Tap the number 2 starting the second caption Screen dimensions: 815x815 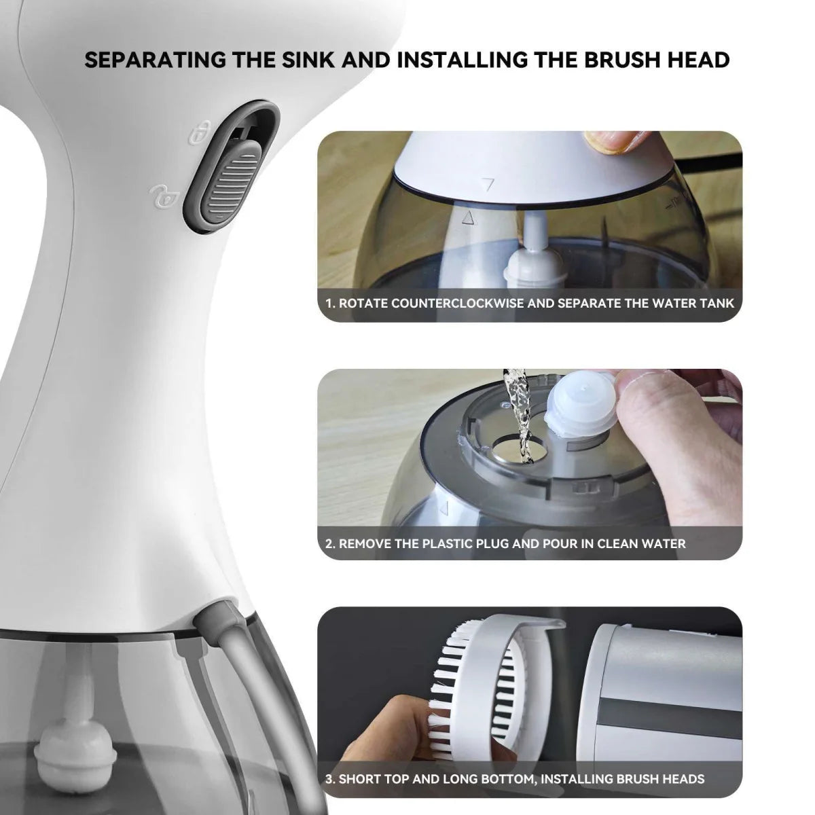point(329,543)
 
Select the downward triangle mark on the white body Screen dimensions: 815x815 point(485,183)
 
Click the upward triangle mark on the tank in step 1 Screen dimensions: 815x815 point(467,218)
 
